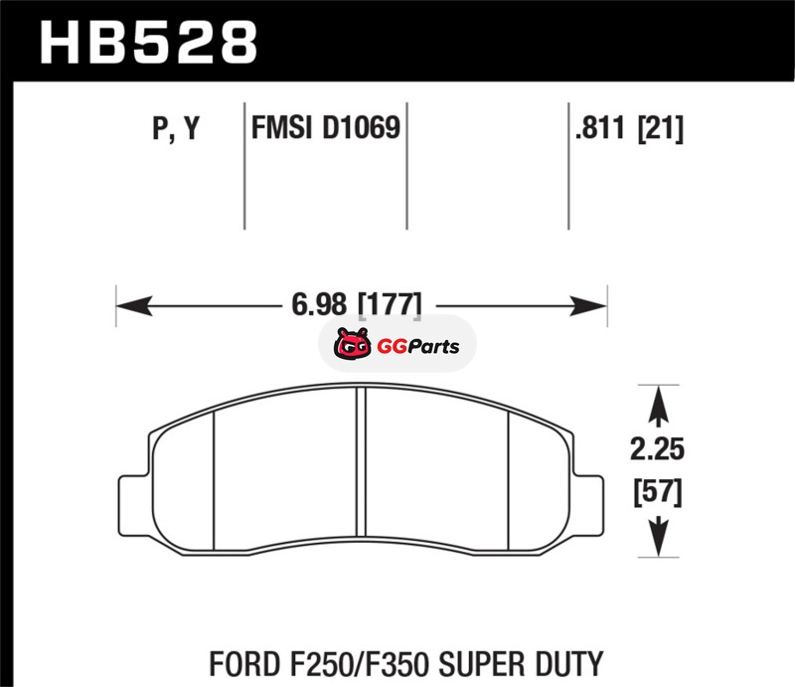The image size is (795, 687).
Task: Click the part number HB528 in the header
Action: point(148,43)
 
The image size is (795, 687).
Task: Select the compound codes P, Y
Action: point(176,128)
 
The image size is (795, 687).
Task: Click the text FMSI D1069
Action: point(326,127)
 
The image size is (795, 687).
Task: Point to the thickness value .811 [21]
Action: point(629,128)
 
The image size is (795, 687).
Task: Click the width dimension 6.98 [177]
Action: point(357,304)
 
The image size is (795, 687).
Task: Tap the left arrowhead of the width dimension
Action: point(134,305)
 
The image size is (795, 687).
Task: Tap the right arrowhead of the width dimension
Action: point(588,305)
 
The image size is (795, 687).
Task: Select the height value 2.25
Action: point(657,449)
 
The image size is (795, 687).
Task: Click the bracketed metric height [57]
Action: point(658,492)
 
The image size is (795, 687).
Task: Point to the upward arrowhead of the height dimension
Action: point(658,404)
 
